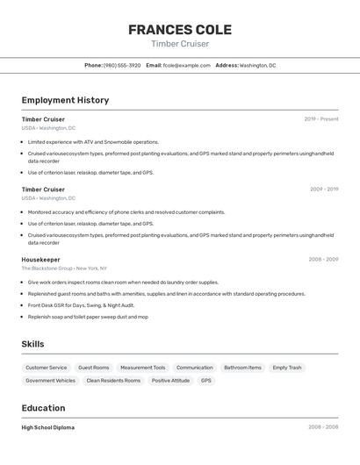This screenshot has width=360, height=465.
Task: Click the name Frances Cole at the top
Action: click(180, 30)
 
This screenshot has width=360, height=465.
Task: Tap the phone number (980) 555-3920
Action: click(122, 65)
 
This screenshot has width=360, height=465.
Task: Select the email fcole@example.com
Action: click(187, 65)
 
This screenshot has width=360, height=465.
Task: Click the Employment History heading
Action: click(65, 100)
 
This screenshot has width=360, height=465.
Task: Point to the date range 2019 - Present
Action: click(321, 119)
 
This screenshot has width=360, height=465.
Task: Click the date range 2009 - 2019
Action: click(324, 190)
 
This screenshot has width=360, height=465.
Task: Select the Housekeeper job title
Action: click(41, 260)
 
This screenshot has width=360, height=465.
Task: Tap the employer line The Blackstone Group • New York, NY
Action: click(64, 268)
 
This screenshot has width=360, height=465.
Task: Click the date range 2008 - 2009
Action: click(323, 260)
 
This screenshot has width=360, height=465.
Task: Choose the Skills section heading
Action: click(32, 344)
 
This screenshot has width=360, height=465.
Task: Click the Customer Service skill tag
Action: click(46, 368)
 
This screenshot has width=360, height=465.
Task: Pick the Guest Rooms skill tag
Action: click(94, 368)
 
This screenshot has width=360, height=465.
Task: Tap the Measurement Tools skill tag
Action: click(143, 368)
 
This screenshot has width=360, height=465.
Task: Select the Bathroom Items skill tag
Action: click(242, 368)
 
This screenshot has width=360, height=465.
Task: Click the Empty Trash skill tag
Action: click(287, 368)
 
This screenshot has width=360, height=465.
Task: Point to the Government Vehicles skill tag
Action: click(50, 381)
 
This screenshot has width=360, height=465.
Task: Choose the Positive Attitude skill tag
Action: click(170, 381)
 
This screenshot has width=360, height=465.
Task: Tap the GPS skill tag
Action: click(206, 381)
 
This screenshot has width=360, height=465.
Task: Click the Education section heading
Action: click(43, 408)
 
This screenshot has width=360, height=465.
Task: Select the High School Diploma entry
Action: click(48, 427)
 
